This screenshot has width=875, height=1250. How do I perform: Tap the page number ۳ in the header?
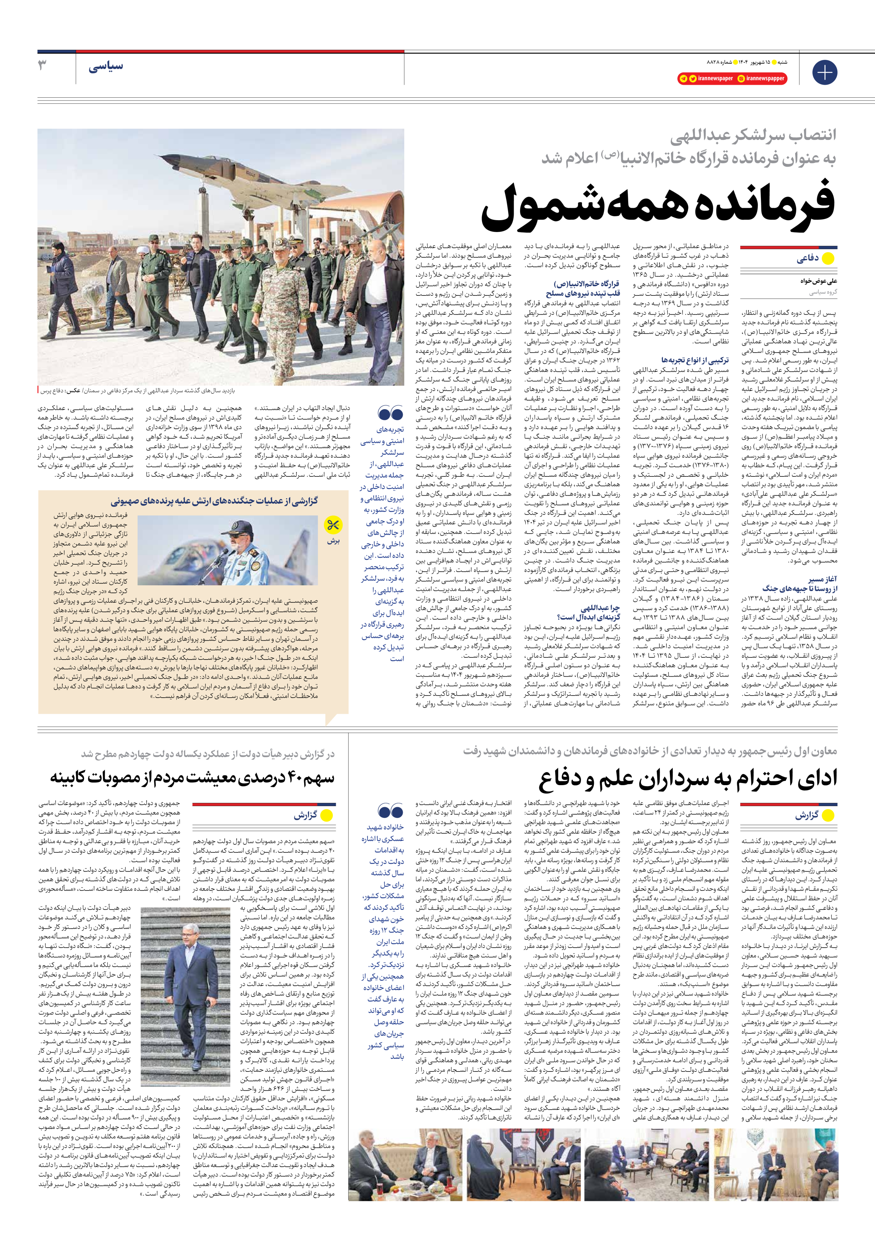click(43, 66)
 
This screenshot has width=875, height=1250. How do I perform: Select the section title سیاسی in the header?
click(106, 67)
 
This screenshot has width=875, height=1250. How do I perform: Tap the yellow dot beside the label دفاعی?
click(828, 259)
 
